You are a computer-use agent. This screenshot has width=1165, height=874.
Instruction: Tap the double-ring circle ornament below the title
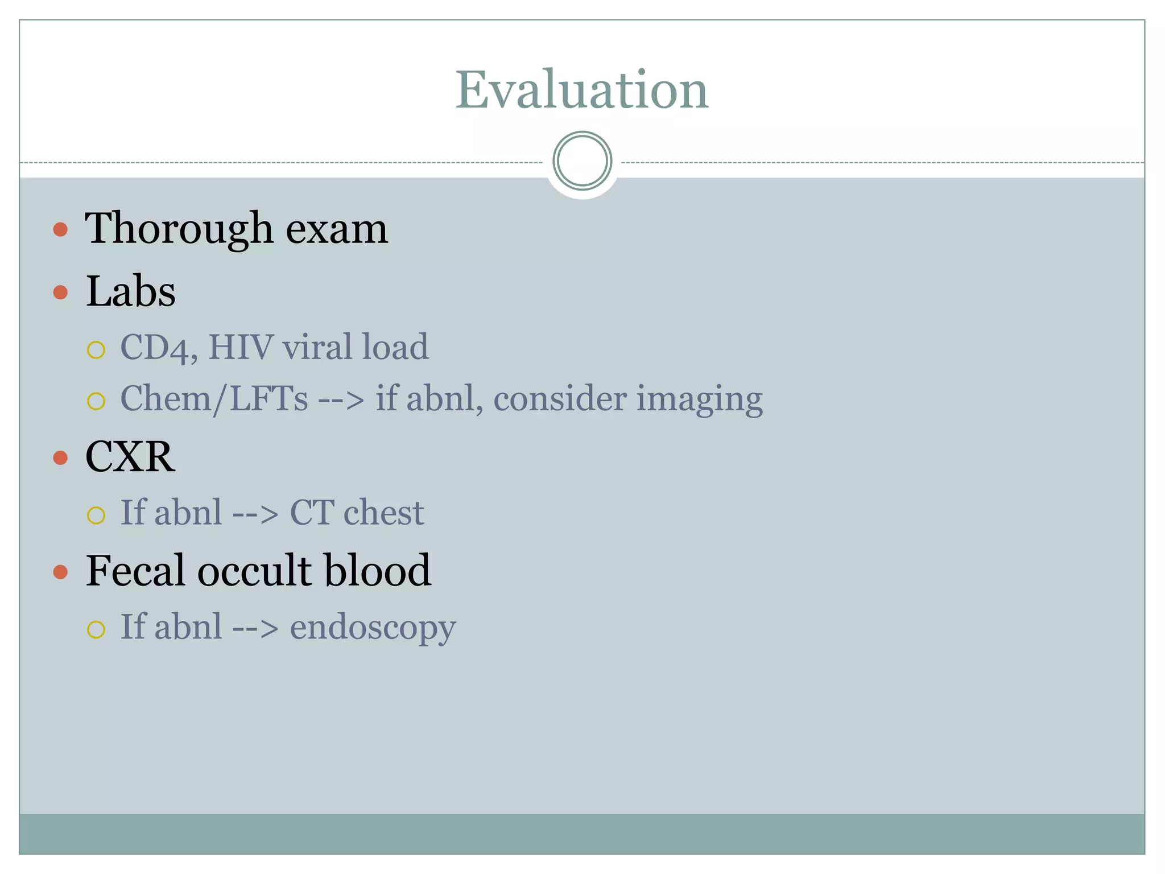click(x=582, y=161)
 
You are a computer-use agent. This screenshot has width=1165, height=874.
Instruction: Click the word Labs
click(x=130, y=291)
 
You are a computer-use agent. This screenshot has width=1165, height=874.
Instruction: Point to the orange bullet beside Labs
click(x=60, y=292)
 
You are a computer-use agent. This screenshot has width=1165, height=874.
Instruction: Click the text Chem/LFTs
click(x=214, y=398)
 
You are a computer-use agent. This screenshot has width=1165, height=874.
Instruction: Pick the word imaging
click(x=699, y=399)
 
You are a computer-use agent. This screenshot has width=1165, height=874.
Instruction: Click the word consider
click(x=560, y=398)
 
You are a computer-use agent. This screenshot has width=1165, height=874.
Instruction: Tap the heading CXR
click(x=130, y=456)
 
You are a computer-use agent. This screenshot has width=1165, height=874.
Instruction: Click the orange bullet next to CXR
click(x=60, y=458)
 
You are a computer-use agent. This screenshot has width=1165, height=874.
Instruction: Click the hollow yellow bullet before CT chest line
click(x=96, y=516)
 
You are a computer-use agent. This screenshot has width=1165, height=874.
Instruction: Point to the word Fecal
click(x=135, y=570)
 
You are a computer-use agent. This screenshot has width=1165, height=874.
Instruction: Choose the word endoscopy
click(x=373, y=628)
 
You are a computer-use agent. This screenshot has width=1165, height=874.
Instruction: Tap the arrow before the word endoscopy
click(x=255, y=628)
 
